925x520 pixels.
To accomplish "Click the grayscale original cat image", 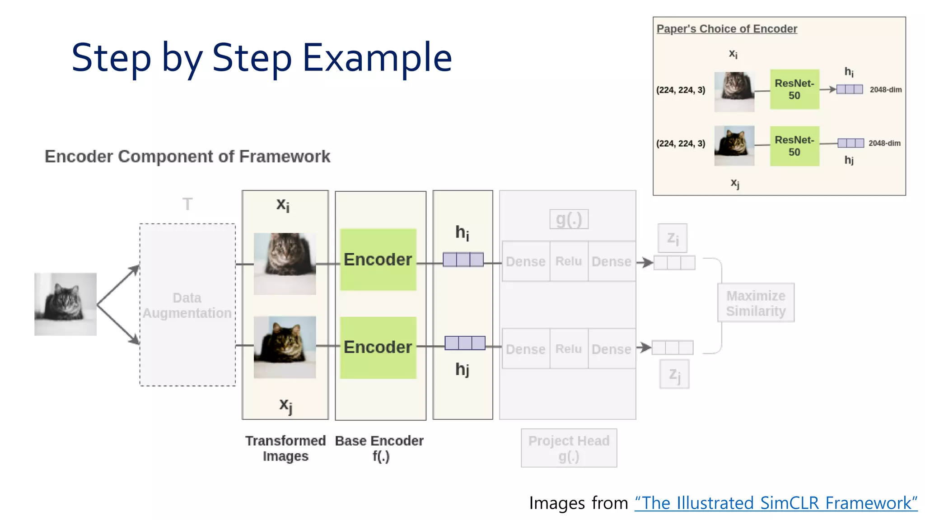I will click(65, 304).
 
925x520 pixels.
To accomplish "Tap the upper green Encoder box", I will click(378, 260).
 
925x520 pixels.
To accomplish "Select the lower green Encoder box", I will click(378, 347).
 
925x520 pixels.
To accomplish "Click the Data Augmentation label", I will click(187, 306).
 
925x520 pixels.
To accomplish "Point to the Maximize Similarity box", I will click(756, 303).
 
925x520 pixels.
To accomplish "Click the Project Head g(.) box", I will click(569, 448).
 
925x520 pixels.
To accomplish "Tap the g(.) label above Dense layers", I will click(569, 219).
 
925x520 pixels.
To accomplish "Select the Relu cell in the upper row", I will click(569, 261).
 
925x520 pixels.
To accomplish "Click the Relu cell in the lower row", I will click(569, 349).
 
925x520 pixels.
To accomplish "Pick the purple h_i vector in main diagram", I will click(463, 260).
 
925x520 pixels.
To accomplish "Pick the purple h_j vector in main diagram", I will click(465, 343).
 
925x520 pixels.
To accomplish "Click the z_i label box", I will click(673, 238).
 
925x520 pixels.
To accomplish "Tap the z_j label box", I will click(674, 374).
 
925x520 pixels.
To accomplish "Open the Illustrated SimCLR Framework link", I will click(776, 503).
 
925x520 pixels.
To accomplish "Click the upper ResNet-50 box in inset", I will click(794, 89).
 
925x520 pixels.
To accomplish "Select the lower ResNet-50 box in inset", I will click(794, 146).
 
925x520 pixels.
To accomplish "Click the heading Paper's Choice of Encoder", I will click(727, 29).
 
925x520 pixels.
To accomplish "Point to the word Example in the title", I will click(377, 58).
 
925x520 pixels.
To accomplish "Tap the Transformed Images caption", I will click(285, 448).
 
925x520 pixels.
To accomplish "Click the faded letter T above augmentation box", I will click(187, 204).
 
